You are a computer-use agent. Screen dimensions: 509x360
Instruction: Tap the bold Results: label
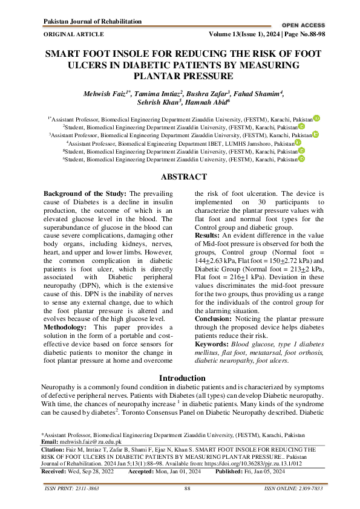click(209, 235)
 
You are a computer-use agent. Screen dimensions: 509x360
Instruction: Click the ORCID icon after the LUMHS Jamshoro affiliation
click(298, 143)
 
